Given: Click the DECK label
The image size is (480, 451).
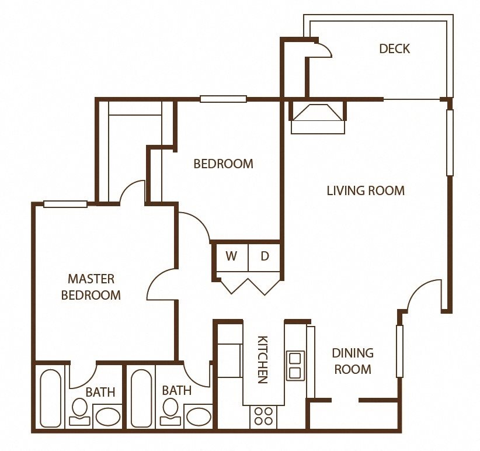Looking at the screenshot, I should click(394, 48).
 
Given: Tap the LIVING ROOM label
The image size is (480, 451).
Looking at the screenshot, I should click(366, 190).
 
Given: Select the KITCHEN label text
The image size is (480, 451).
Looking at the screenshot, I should click(263, 359).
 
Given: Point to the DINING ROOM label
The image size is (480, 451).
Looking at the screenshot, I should click(352, 361).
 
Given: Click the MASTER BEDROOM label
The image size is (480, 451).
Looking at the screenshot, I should click(91, 287).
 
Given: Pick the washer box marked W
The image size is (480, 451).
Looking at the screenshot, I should click(232, 256).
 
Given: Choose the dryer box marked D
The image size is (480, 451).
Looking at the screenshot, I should click(264, 256).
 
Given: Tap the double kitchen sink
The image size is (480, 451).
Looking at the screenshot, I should click(294, 365).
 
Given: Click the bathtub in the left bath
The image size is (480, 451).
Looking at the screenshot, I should click(51, 398).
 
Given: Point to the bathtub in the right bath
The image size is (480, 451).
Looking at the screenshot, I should click(142, 398).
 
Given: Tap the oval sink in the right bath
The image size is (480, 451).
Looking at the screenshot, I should click(199, 417).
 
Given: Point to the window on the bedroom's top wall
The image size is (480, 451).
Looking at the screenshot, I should click(223, 99).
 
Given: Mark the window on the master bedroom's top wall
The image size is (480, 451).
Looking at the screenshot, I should click(65, 204).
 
